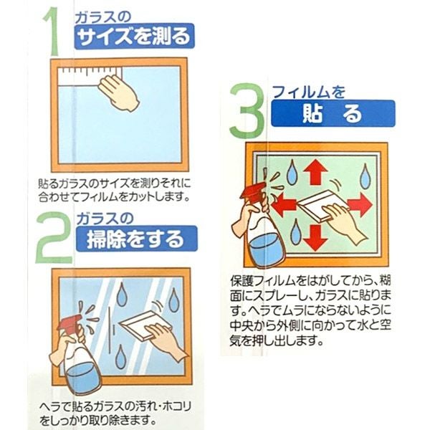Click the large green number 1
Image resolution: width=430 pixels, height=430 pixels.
[52, 32]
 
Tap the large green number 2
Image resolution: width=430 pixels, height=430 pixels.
[54, 238]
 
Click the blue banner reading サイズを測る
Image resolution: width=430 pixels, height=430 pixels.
[135, 37]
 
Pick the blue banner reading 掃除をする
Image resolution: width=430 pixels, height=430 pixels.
[137, 239]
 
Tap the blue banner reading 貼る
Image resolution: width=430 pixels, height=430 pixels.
[333, 113]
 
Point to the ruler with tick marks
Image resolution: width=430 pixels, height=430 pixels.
[90, 77]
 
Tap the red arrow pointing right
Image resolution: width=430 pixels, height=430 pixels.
[360, 205]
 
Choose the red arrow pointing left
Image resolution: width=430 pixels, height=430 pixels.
[285, 204]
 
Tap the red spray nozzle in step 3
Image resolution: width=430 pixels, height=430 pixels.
[252, 189]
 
